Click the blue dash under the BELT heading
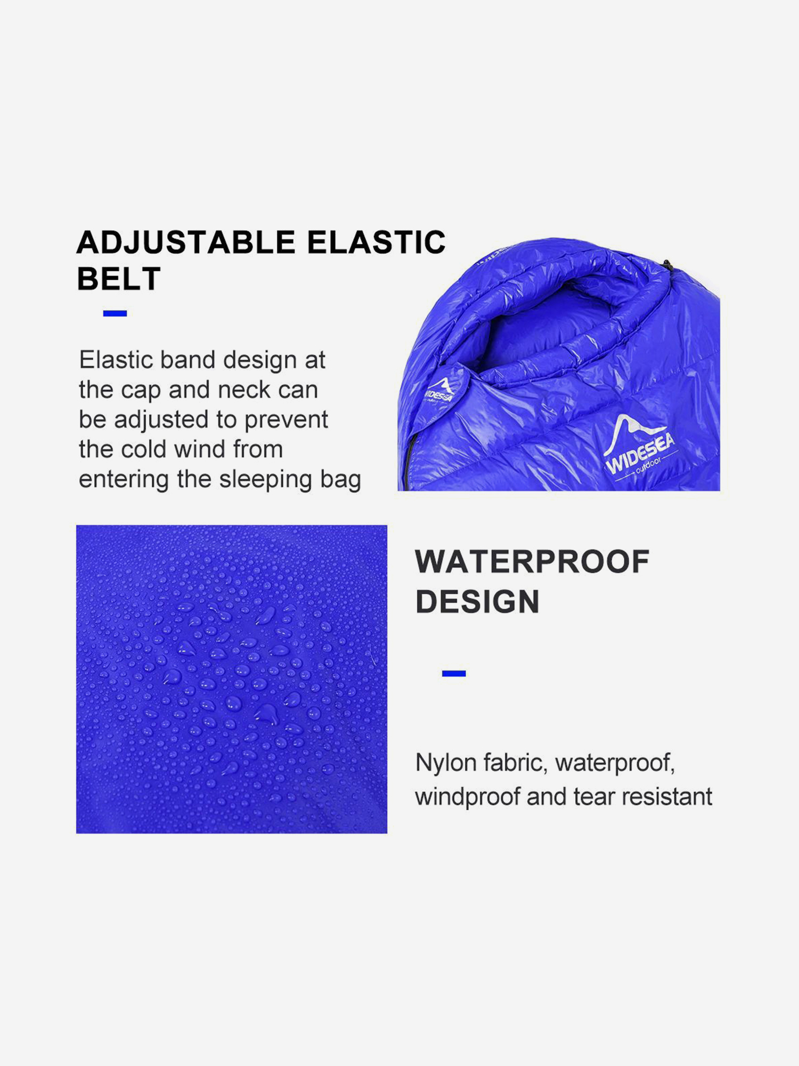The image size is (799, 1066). [x=115, y=313]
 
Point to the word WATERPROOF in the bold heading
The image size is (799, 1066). [x=532, y=561]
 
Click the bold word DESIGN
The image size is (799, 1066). [x=477, y=601]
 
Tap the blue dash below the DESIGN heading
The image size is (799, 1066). [x=454, y=674]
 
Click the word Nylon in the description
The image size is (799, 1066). [x=446, y=763]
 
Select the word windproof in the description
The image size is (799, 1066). [x=467, y=797]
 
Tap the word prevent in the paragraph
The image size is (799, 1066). [x=286, y=420]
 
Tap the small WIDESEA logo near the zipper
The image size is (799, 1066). [x=440, y=391]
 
